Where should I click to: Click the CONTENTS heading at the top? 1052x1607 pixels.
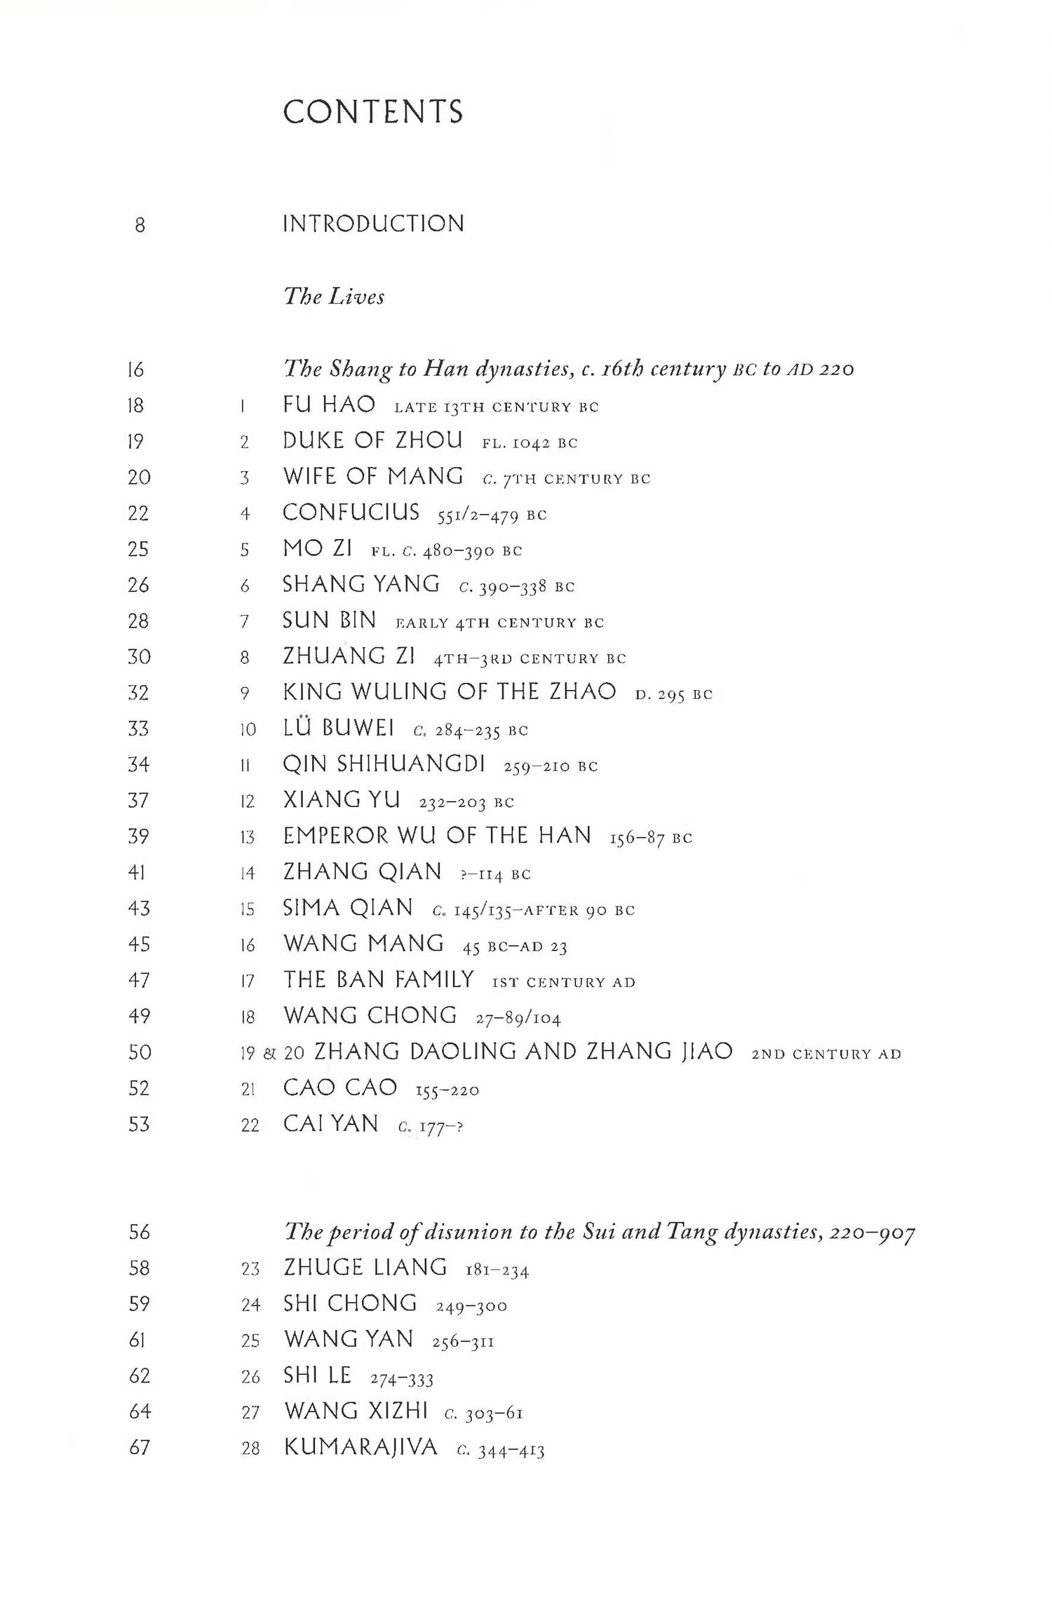pos(372,112)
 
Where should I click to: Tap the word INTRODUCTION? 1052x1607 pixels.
pos(373,224)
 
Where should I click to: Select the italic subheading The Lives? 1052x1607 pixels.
pos(334,297)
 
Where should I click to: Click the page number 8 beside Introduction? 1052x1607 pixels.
pos(140,225)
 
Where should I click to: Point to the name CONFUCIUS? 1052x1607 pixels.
pos(351,513)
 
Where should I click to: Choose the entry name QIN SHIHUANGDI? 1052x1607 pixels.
pos(384,764)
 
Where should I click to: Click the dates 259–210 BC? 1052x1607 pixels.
pos(551,766)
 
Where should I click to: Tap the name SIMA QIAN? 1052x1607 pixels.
pos(348,908)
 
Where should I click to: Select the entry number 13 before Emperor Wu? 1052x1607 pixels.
pos(247,837)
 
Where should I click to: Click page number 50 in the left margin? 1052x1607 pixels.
pos(139,1052)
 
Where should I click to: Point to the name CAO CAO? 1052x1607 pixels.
pos(340,1087)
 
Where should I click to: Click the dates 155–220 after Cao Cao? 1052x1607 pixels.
pos(447,1091)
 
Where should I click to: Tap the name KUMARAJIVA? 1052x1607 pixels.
pos(360,1447)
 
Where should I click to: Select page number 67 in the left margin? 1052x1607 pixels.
pos(140,1447)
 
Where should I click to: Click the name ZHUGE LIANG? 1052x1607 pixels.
pos(365,1268)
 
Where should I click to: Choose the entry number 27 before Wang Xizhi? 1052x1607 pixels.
pos(250,1412)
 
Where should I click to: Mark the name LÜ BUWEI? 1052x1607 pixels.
pos(338,728)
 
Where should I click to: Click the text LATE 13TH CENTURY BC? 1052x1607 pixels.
pos(497,407)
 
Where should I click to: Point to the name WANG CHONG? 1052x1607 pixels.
pos(370,1015)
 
